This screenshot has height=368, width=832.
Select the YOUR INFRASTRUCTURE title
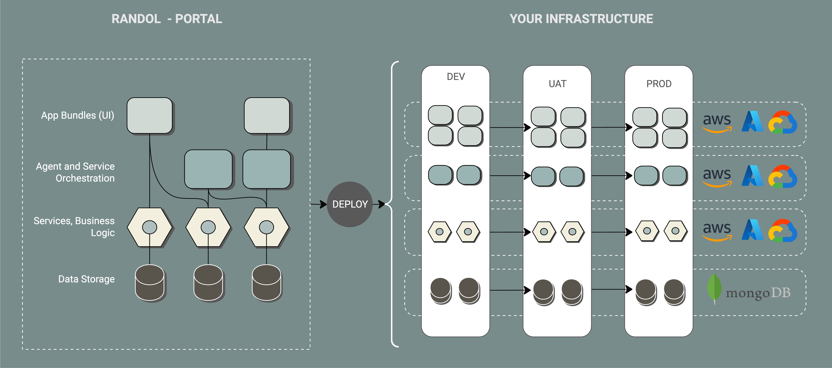(x=581, y=19)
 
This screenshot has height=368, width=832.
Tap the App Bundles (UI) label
(x=78, y=115)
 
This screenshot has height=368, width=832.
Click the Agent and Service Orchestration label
(x=75, y=172)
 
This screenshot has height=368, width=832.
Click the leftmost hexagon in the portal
(x=149, y=227)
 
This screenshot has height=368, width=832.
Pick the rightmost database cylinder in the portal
(x=266, y=283)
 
